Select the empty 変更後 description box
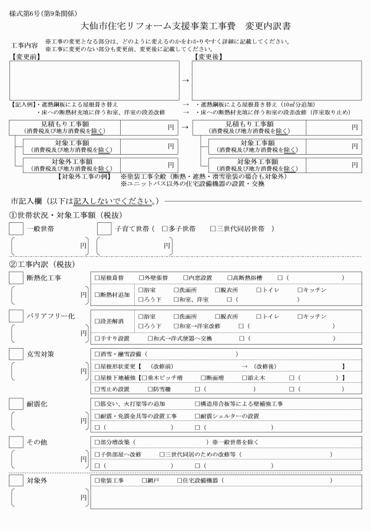click(x=276, y=80)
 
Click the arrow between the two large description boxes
click(x=185, y=81)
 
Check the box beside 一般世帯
click(x=16, y=229)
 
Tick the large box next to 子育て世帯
click(x=104, y=229)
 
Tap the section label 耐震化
click(x=37, y=404)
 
